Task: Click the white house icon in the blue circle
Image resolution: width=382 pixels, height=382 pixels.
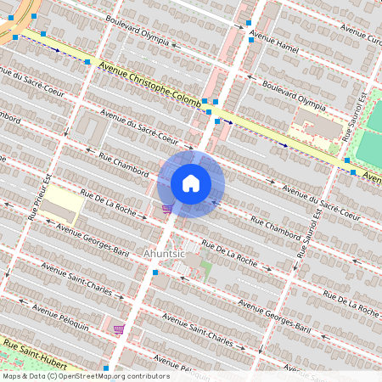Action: pyautogui.click(x=191, y=183)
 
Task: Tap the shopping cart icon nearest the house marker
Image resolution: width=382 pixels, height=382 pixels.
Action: pyautogui.click(x=167, y=208)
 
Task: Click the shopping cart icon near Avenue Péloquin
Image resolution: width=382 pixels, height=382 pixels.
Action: pyautogui.click(x=118, y=329)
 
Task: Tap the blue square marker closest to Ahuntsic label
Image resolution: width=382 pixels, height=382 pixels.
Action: pyautogui.click(x=154, y=272)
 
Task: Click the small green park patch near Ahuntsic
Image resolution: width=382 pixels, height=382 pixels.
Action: pyautogui.click(x=206, y=271)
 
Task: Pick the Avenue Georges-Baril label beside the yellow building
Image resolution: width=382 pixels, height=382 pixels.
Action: pyautogui.click(x=93, y=240)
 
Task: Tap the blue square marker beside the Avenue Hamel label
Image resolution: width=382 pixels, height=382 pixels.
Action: pyautogui.click(x=250, y=38)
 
